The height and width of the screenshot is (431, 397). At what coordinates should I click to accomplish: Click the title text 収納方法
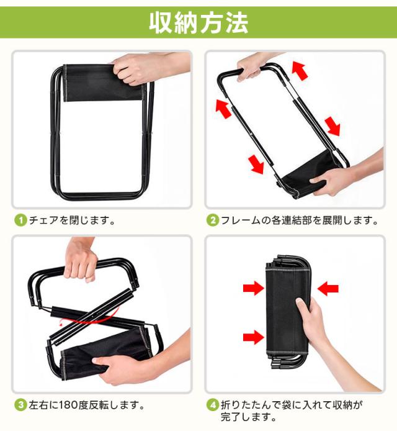pos(198,23)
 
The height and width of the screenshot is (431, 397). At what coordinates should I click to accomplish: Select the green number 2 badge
pos(213,220)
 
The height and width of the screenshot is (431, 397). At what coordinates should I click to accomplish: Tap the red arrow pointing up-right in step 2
pos(300,70)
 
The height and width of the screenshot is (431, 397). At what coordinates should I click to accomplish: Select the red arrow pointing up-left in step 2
pos(223,107)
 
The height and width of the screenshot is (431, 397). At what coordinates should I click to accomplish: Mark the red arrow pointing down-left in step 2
pos(255,164)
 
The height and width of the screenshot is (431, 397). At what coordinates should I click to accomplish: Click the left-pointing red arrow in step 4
pos(329,288)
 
